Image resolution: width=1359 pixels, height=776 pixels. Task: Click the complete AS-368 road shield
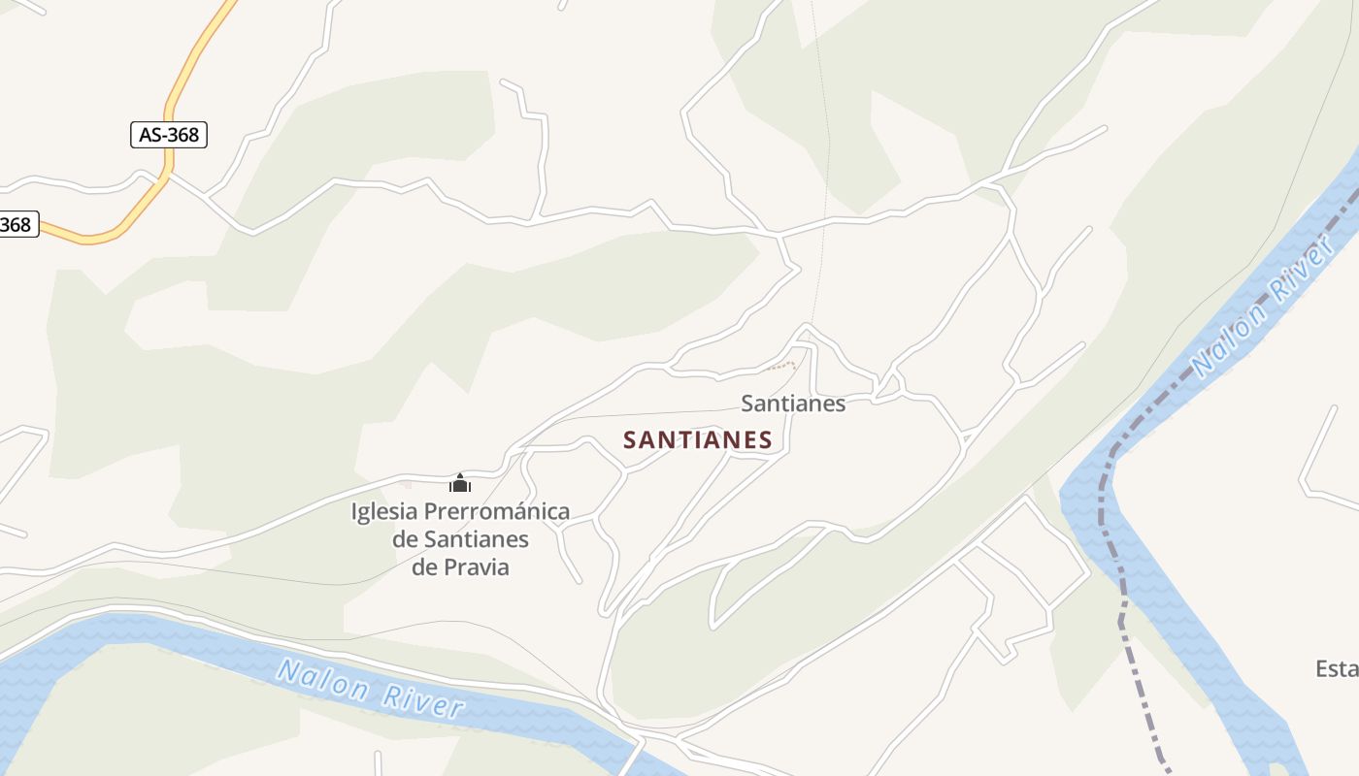click(169, 135)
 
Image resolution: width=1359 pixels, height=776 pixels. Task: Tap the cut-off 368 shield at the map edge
click(17, 225)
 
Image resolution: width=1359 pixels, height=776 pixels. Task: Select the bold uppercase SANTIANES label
click(697, 440)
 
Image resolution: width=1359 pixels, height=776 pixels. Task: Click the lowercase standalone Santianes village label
click(793, 404)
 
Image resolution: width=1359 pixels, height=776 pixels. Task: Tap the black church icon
click(460, 482)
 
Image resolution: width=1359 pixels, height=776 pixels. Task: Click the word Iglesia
click(384, 511)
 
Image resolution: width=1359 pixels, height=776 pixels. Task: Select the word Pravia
click(476, 566)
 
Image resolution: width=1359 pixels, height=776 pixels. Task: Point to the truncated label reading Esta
click(1336, 668)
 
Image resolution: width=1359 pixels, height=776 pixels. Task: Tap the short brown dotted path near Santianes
click(780, 367)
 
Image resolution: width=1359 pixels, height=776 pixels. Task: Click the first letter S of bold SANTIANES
click(631, 440)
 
